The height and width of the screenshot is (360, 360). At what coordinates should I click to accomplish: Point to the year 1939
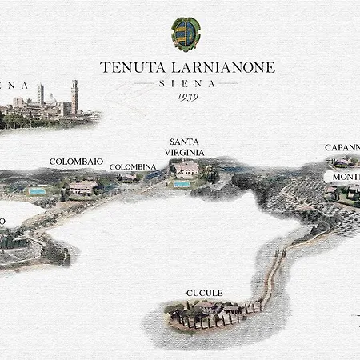tap(186, 97)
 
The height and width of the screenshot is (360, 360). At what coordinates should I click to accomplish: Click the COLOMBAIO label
tap(76, 162)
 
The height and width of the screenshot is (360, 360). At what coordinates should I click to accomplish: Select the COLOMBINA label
tap(133, 166)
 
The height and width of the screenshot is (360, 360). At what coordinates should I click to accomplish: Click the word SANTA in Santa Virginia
tap(186, 141)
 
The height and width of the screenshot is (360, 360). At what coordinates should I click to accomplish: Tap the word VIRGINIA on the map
tap(186, 152)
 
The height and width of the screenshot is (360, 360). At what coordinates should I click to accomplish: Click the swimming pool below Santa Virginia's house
tap(182, 184)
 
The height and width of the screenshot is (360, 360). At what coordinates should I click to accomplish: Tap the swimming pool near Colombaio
tap(36, 191)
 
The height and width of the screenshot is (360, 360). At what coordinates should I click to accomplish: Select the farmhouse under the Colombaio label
tap(82, 188)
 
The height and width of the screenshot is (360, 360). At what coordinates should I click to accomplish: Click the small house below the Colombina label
tap(128, 178)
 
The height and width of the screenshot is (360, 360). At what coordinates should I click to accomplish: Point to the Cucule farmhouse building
tap(206, 307)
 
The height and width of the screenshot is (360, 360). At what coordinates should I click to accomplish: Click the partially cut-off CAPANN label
tap(342, 147)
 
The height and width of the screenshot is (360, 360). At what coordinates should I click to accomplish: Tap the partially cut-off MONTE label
tap(346, 176)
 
